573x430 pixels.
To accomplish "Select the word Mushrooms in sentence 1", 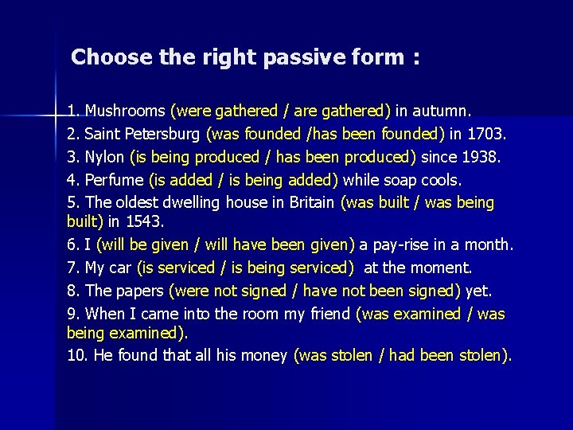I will (126, 109).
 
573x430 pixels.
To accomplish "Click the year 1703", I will (498, 133).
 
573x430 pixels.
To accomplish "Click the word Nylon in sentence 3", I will (104, 156).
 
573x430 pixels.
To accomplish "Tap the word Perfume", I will (115, 180).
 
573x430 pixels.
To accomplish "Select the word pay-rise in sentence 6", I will (402, 244).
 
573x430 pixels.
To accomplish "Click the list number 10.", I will (76, 355).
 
